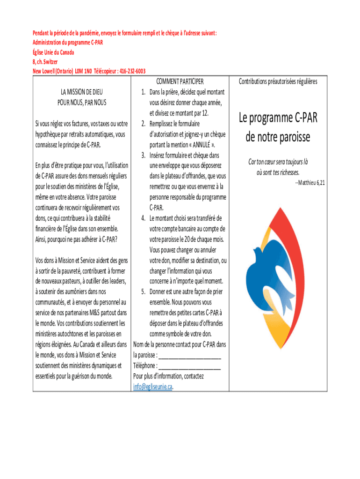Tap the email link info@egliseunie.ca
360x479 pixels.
152,386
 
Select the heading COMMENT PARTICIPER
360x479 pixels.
180,81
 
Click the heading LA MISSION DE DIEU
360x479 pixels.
82,92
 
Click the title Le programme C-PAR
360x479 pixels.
278,118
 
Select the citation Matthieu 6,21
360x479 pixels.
310,182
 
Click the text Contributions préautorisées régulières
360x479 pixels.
278,81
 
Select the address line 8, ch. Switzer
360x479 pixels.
45,61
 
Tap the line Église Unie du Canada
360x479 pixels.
53,52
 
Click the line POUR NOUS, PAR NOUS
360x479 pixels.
82,102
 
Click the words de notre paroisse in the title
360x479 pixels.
278,138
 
